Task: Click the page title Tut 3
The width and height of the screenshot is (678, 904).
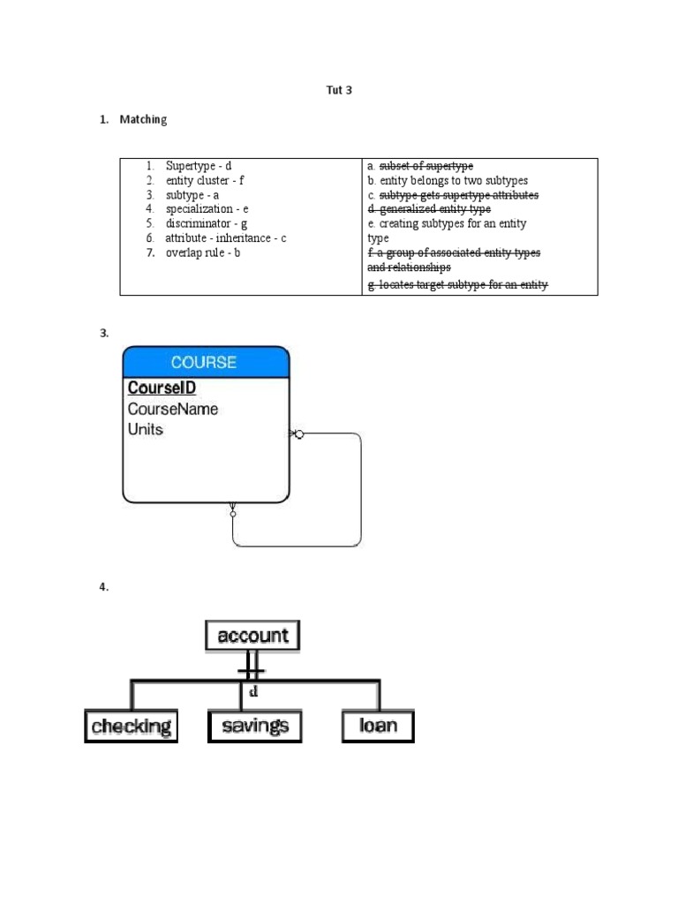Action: (x=340, y=90)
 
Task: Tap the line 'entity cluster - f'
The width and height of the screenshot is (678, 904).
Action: (x=204, y=180)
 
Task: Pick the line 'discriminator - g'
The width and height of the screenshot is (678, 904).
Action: (x=206, y=223)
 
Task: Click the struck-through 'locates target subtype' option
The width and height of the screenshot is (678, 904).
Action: (x=457, y=284)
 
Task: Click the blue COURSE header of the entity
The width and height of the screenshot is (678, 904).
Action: (x=205, y=362)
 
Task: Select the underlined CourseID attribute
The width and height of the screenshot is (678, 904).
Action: (x=162, y=388)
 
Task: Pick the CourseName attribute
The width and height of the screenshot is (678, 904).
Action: (x=173, y=409)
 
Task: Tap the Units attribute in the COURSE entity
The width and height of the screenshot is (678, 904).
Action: (x=146, y=430)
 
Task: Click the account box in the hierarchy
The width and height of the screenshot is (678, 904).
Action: (x=252, y=636)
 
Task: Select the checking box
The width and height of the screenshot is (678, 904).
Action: (x=131, y=727)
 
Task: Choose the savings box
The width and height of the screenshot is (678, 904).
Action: (x=255, y=727)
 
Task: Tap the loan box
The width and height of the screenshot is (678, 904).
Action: (x=378, y=727)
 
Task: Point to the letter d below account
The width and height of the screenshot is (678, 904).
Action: (x=253, y=692)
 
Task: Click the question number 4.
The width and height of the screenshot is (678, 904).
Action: (x=103, y=589)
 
